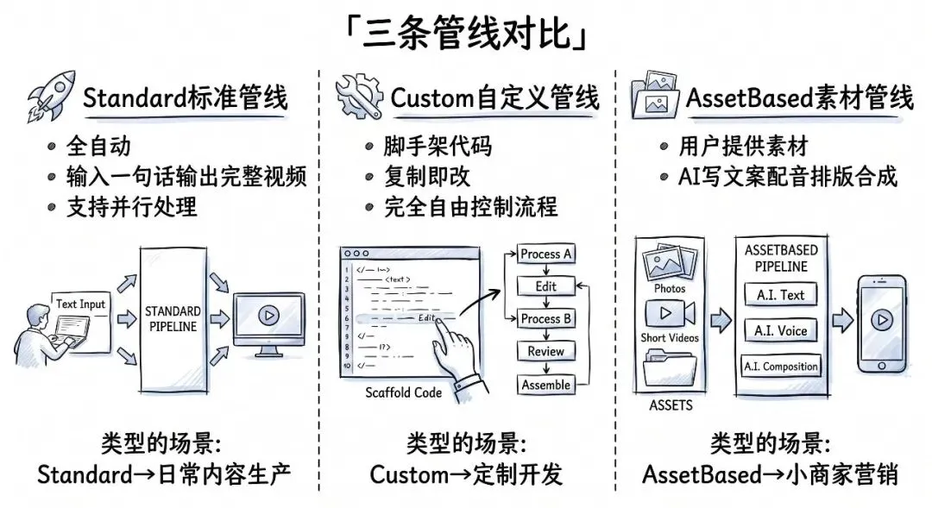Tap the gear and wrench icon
[x=359, y=97]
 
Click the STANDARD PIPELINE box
[x=172, y=318]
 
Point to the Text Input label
[x=80, y=304]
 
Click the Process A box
[x=546, y=254]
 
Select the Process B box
[x=546, y=318]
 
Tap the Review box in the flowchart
[x=546, y=351]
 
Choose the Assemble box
[x=546, y=386]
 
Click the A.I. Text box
[x=780, y=295]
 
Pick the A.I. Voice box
[x=780, y=330]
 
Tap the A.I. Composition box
[x=780, y=367]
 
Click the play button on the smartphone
[x=880, y=319]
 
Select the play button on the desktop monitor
[x=268, y=316]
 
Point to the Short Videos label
[x=670, y=338]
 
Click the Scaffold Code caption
[x=403, y=392]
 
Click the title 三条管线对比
[x=466, y=34]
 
